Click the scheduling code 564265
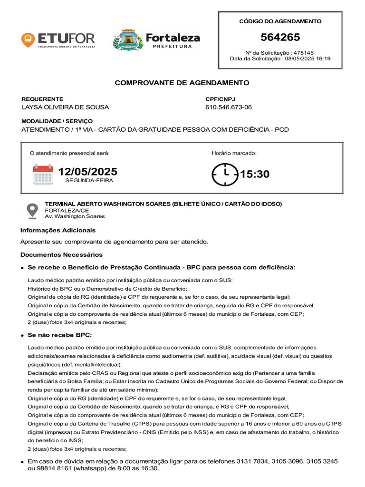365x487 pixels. pos(280,38)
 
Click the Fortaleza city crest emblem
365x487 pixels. pos(125,40)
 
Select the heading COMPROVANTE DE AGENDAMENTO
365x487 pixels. pos(182,83)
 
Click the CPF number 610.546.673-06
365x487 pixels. pos(229,107)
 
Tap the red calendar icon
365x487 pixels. pos(43,174)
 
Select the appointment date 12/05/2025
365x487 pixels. pos(88,172)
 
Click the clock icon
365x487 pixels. pos(225,174)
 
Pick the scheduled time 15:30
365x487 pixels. pos(255,174)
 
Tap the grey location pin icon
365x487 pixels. pos(32,210)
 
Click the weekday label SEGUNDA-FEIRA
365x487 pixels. pos(89,181)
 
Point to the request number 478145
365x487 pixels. pos(304,52)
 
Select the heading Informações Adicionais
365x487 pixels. pos(58,230)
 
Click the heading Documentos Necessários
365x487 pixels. pos(61,254)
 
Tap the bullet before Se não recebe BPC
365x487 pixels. pos(22,336)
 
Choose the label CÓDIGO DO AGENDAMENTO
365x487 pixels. pos(280,21)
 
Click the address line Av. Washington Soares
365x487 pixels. pos(75,216)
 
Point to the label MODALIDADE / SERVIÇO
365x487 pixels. pos(57,121)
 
